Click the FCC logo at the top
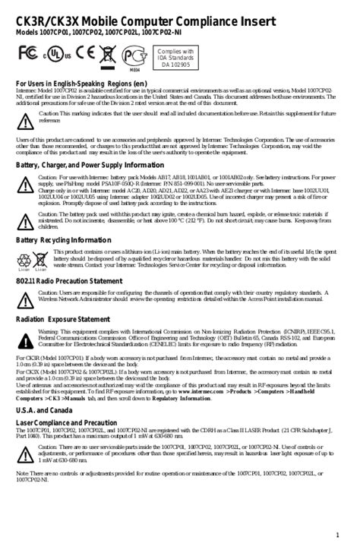(x=28, y=55)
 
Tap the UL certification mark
(x=55, y=55)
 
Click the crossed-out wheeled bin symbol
(x=108, y=55)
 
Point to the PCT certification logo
(x=134, y=55)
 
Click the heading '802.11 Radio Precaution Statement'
(x=69, y=281)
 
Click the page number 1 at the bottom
(x=338, y=537)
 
